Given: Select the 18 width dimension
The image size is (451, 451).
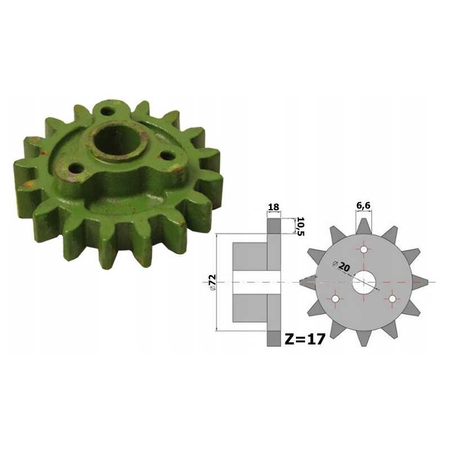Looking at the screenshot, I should [273, 207].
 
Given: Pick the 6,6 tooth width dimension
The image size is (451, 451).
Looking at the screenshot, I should [364, 206].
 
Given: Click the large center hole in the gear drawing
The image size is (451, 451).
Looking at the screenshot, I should [364, 282].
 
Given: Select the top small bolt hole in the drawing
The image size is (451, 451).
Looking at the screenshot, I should [364, 249].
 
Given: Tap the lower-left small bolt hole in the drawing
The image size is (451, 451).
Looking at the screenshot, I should [336, 298].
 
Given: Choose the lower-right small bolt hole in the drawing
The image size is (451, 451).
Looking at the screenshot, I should [393, 298].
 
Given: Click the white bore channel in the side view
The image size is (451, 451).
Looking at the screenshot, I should [257, 282].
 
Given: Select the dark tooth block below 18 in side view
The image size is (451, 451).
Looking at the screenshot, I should [273, 226].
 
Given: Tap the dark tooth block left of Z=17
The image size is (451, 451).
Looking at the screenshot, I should [273, 338].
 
